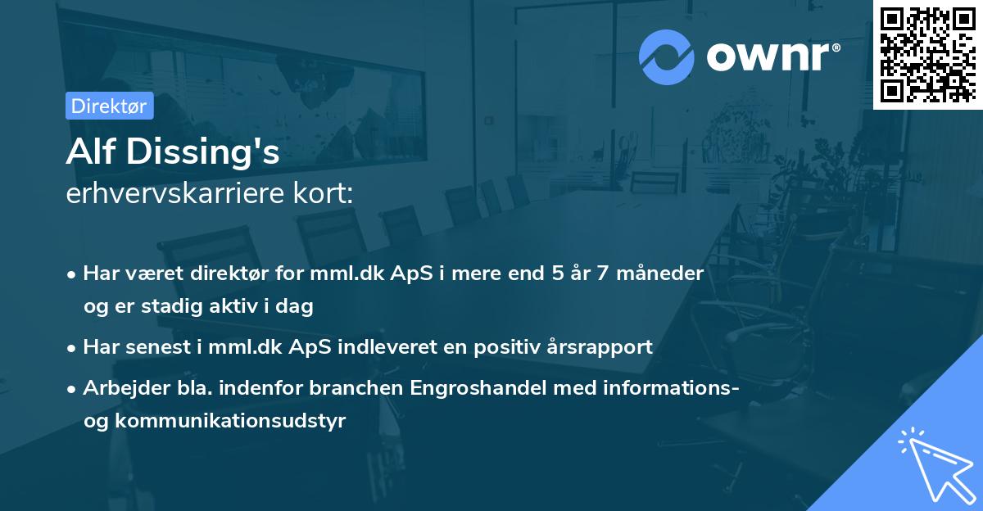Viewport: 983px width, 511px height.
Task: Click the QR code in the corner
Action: [927, 54]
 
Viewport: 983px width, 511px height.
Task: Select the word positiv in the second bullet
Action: [517, 346]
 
